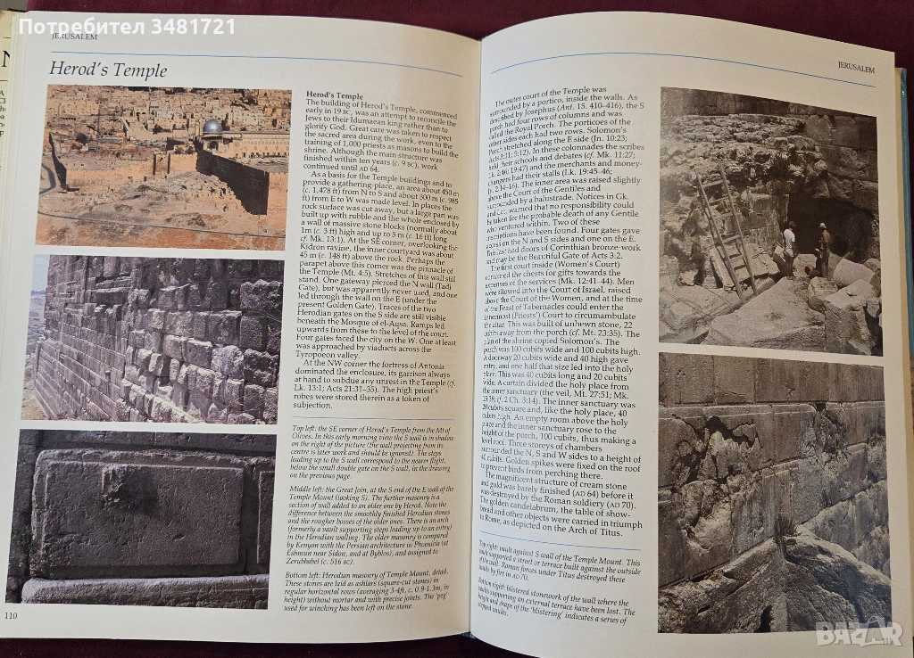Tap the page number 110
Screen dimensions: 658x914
click(x=12, y=615)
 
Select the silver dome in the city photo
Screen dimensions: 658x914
click(x=212, y=127)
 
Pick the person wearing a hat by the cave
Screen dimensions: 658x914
click(x=823, y=247)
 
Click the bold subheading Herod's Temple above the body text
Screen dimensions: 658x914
click(x=334, y=95)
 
